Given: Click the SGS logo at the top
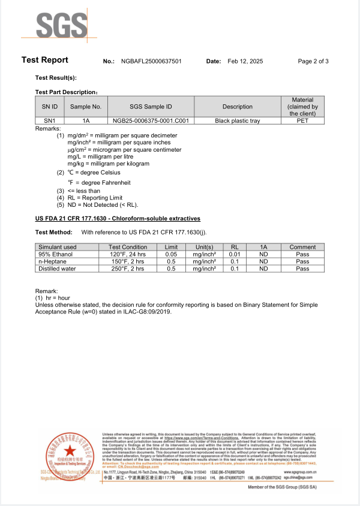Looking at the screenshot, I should [x=62, y=26].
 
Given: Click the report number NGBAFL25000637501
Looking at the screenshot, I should [x=151, y=61].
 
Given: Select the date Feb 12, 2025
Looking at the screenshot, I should [x=246, y=61].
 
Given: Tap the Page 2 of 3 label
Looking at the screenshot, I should [x=313, y=61].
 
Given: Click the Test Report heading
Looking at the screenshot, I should [x=45, y=60].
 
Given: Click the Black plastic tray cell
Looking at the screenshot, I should [x=238, y=121].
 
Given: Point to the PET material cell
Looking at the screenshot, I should [x=302, y=121].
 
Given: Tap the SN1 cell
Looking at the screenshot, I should [x=50, y=121].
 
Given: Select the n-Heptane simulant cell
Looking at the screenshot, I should [x=53, y=261].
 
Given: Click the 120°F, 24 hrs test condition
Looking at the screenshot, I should [x=127, y=254].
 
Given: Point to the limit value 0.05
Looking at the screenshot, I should [x=171, y=254].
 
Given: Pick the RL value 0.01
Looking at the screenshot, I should [x=235, y=254].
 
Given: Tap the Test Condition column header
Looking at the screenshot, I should [x=127, y=247].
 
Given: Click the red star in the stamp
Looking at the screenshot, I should [x=70, y=450].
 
